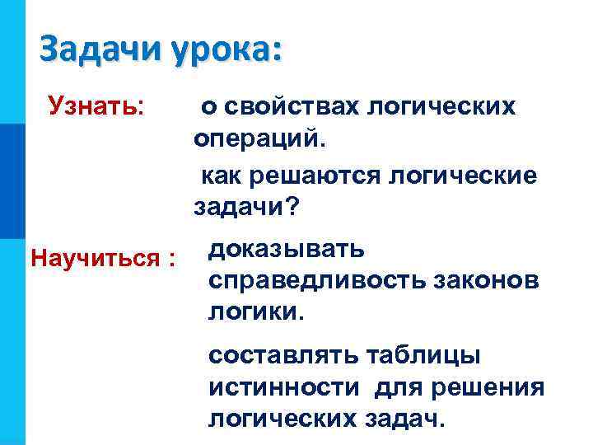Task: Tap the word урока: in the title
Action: point(226,49)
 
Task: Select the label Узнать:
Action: point(96,105)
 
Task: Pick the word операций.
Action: point(259,139)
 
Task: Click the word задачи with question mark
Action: point(245,208)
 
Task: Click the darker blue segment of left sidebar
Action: point(12,180)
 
